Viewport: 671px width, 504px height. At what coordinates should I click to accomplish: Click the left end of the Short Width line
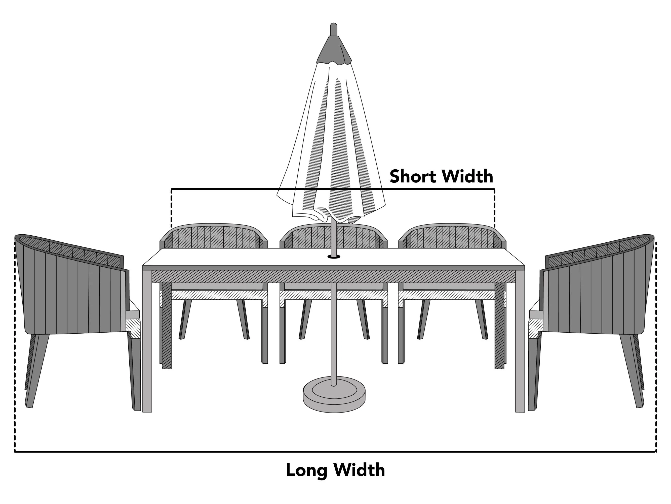pos(171,189)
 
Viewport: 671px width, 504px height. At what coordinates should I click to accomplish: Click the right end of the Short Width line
pos(495,189)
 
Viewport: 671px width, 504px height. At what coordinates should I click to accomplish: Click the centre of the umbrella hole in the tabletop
pos(334,257)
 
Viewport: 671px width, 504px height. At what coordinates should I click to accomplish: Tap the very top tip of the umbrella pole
pos(333,23)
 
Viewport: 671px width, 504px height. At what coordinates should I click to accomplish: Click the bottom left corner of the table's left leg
pos(143,412)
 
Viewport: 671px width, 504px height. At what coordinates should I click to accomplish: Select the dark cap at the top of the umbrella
pos(334,50)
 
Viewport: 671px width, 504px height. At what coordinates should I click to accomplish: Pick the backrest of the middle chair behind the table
pos(334,236)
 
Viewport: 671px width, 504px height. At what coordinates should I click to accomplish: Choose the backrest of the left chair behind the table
pos(214,236)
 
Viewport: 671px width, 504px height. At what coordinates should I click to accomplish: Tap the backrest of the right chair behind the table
pos(452,236)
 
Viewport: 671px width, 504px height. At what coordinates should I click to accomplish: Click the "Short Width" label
pos(441,176)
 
